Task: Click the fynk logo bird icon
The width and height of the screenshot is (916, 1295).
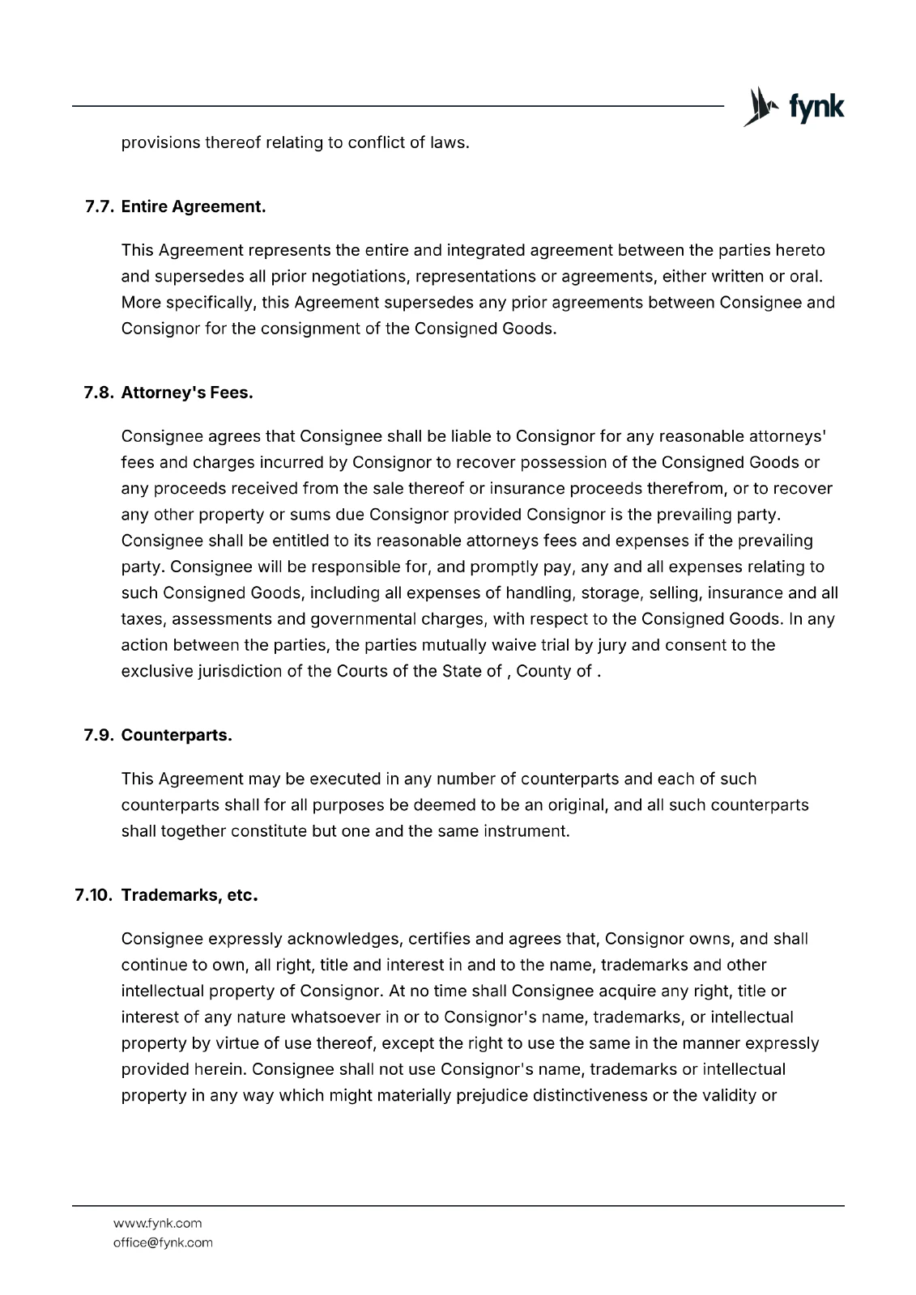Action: [x=759, y=108]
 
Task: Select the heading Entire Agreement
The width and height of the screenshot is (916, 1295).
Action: [x=193, y=206]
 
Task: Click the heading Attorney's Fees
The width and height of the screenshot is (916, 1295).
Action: [x=186, y=393]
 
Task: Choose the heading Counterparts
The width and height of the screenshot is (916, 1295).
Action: [x=177, y=736]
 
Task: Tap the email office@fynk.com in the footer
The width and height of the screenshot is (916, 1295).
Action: [x=163, y=1242]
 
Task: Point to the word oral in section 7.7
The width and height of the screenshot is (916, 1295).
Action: [x=805, y=277]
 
